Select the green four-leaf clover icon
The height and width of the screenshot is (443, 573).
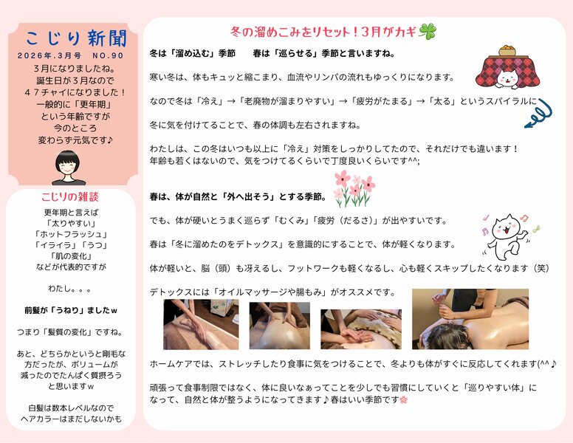[428, 32]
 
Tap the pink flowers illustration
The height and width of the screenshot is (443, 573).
[354, 188]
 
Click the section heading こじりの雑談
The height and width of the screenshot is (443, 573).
[72, 197]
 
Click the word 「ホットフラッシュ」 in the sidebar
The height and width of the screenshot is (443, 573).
[72, 234]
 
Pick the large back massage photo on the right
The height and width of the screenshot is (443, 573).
[470, 318]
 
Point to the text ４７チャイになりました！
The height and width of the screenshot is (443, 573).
[72, 92]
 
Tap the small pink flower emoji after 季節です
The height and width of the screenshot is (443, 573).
[403, 399]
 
